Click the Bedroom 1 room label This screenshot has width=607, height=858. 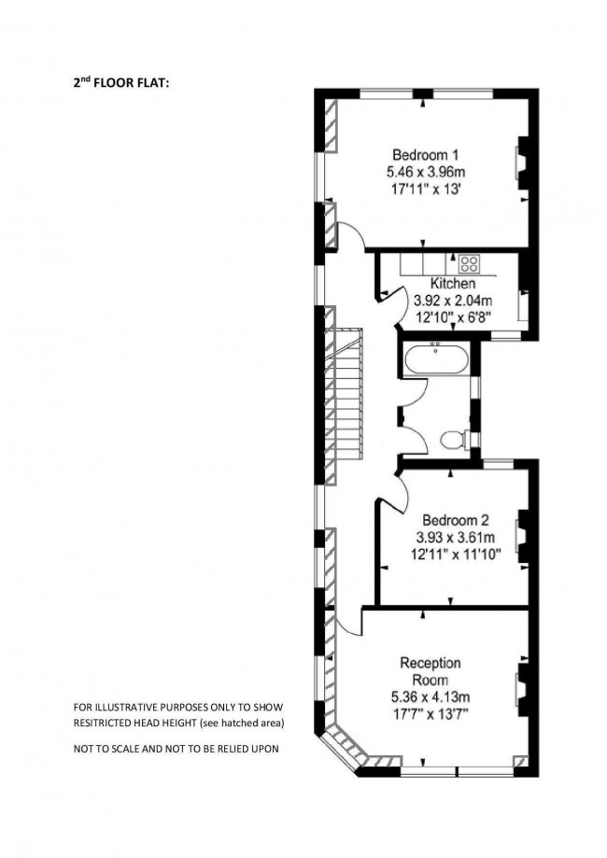click(x=425, y=154)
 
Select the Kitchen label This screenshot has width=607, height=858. click(x=453, y=284)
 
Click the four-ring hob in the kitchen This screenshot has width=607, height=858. click(x=469, y=264)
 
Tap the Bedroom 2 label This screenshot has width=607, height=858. click(x=456, y=519)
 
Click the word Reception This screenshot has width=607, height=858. click(x=431, y=664)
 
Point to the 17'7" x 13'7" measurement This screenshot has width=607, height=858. click(x=431, y=714)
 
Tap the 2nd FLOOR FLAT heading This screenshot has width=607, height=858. click(x=121, y=83)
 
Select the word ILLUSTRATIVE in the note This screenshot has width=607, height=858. click(x=121, y=707)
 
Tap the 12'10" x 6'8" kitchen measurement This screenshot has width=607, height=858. click(x=453, y=316)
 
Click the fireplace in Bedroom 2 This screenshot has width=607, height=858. click(x=523, y=536)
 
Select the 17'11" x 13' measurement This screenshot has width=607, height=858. click(x=425, y=190)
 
